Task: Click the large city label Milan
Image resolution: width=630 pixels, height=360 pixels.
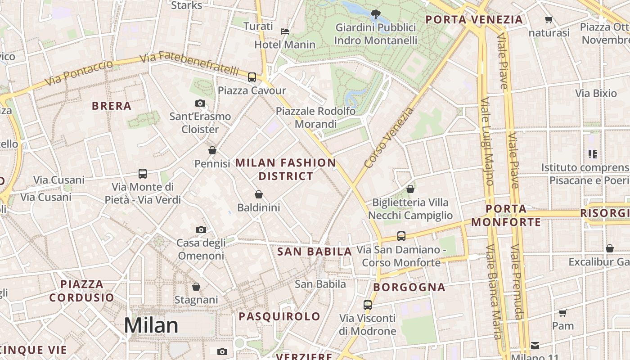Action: click(x=151, y=325)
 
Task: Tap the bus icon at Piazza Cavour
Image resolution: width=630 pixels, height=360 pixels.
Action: click(x=252, y=77)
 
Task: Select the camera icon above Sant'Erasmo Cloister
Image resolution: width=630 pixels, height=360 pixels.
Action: click(x=200, y=103)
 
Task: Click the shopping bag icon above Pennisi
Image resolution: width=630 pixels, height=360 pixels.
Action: click(x=212, y=150)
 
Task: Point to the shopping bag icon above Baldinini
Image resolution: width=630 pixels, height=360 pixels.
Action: click(x=259, y=194)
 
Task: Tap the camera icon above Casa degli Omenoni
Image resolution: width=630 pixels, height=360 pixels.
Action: click(x=201, y=230)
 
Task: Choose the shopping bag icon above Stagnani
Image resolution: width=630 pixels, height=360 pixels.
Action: click(x=196, y=287)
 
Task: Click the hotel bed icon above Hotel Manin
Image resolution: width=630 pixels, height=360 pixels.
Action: click(x=285, y=31)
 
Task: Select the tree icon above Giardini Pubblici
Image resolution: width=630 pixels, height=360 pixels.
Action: click(x=375, y=14)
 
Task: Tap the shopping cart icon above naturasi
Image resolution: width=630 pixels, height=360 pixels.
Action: click(x=549, y=20)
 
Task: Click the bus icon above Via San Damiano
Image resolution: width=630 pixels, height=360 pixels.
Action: click(x=401, y=236)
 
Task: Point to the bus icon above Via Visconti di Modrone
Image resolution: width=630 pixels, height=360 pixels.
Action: click(x=368, y=305)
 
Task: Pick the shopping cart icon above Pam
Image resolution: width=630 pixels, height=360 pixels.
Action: click(x=562, y=313)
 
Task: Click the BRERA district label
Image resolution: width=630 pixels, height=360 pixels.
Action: click(x=112, y=106)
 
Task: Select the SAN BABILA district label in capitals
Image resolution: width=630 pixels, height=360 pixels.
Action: click(x=315, y=252)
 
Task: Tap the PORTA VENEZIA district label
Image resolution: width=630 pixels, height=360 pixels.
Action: click(x=474, y=20)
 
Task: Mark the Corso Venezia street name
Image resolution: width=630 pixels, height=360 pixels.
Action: click(x=389, y=138)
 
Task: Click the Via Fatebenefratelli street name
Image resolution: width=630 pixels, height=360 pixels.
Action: click(x=189, y=64)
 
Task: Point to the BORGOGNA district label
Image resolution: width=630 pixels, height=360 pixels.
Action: click(x=409, y=287)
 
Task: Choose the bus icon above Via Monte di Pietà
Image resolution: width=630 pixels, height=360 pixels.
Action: click(x=143, y=174)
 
